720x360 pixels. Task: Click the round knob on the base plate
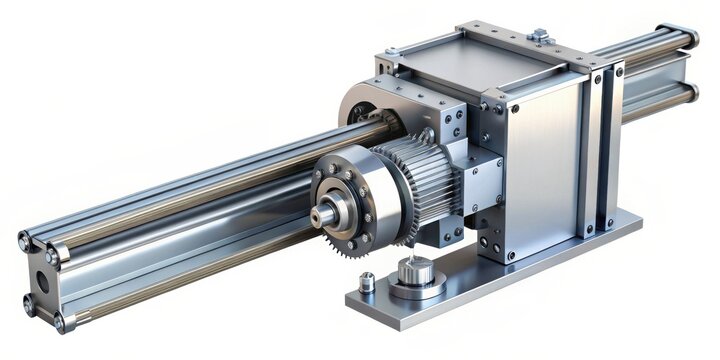[413, 273]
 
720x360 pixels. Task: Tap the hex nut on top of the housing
[540, 35]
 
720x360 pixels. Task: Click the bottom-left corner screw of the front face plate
[511, 255]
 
